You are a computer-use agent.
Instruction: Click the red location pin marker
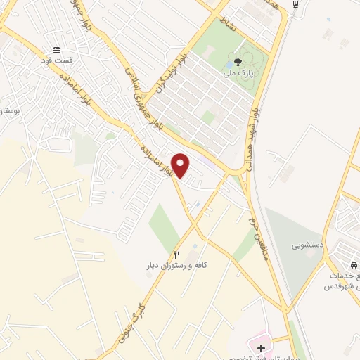[181, 165]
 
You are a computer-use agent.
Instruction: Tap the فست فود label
[56, 61]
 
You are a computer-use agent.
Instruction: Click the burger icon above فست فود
[56, 50]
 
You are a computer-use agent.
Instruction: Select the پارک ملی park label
[238, 72]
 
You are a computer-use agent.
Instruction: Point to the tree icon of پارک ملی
[238, 62]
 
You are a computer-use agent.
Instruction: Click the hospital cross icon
[261, 347]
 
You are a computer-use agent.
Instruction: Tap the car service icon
[354, 264]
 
